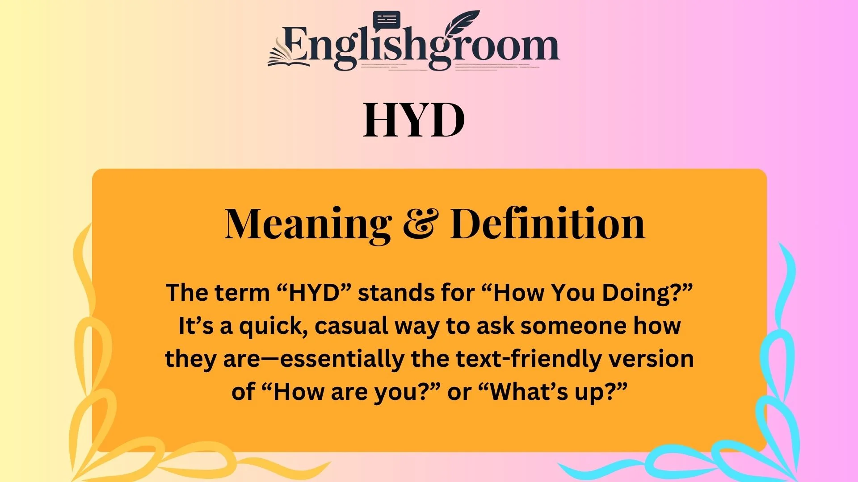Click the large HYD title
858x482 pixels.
point(414,120)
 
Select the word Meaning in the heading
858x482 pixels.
point(308,224)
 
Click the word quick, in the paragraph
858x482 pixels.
point(271,327)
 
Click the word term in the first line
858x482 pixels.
point(243,293)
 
